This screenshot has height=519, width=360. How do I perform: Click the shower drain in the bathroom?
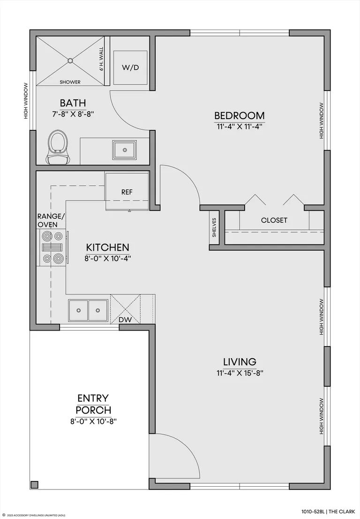coord(70,60)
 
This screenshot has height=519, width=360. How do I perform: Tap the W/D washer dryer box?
coord(130,68)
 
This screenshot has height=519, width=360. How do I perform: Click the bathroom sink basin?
coord(124,150)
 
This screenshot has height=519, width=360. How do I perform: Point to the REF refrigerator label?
coord(127,192)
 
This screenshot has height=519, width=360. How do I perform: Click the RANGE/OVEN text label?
coord(51,220)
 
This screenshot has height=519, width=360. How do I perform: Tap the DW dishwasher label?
coord(125,320)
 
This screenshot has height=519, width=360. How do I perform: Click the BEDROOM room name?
coord(240,115)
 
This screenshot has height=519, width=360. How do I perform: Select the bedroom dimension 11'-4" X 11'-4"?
coord(240,127)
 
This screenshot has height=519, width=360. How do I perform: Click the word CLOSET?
coord(274,220)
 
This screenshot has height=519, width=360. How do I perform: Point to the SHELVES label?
coord(214,227)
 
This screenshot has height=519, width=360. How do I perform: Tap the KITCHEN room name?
coord(107,247)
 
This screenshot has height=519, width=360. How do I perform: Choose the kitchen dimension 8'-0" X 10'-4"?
coord(107,258)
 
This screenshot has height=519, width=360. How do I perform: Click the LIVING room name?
coord(240,362)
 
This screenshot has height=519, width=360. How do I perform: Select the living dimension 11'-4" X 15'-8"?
coord(240,373)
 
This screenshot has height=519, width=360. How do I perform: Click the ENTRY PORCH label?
coord(93,404)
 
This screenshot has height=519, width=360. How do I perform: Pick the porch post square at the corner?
coord(34,485)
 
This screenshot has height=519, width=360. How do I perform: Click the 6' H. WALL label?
coord(102,59)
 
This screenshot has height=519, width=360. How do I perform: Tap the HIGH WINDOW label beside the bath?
coord(25,101)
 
